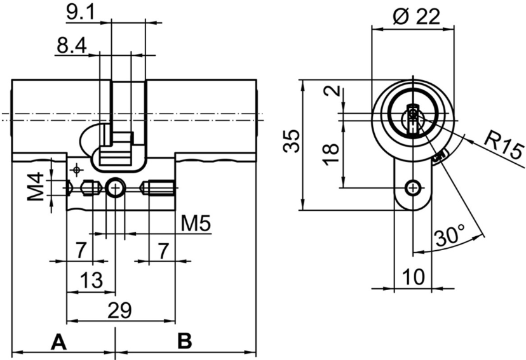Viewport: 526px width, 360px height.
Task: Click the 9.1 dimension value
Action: [81, 12]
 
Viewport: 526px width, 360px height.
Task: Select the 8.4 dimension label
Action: [71, 46]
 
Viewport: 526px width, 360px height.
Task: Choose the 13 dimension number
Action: [93, 280]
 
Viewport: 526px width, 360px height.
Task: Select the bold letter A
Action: [58, 342]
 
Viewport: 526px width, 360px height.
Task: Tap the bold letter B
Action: [184, 342]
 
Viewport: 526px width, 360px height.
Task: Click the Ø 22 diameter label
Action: [416, 17]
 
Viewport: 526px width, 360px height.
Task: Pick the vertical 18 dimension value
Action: [331, 154]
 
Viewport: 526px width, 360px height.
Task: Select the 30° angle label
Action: [450, 237]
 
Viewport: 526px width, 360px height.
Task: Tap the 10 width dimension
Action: [412, 277]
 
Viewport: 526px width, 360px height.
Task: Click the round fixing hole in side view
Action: [115, 188]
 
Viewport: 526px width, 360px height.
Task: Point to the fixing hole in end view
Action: [414, 187]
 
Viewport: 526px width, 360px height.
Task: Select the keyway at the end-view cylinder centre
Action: [414, 117]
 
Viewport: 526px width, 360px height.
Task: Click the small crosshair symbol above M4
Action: [77, 170]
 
